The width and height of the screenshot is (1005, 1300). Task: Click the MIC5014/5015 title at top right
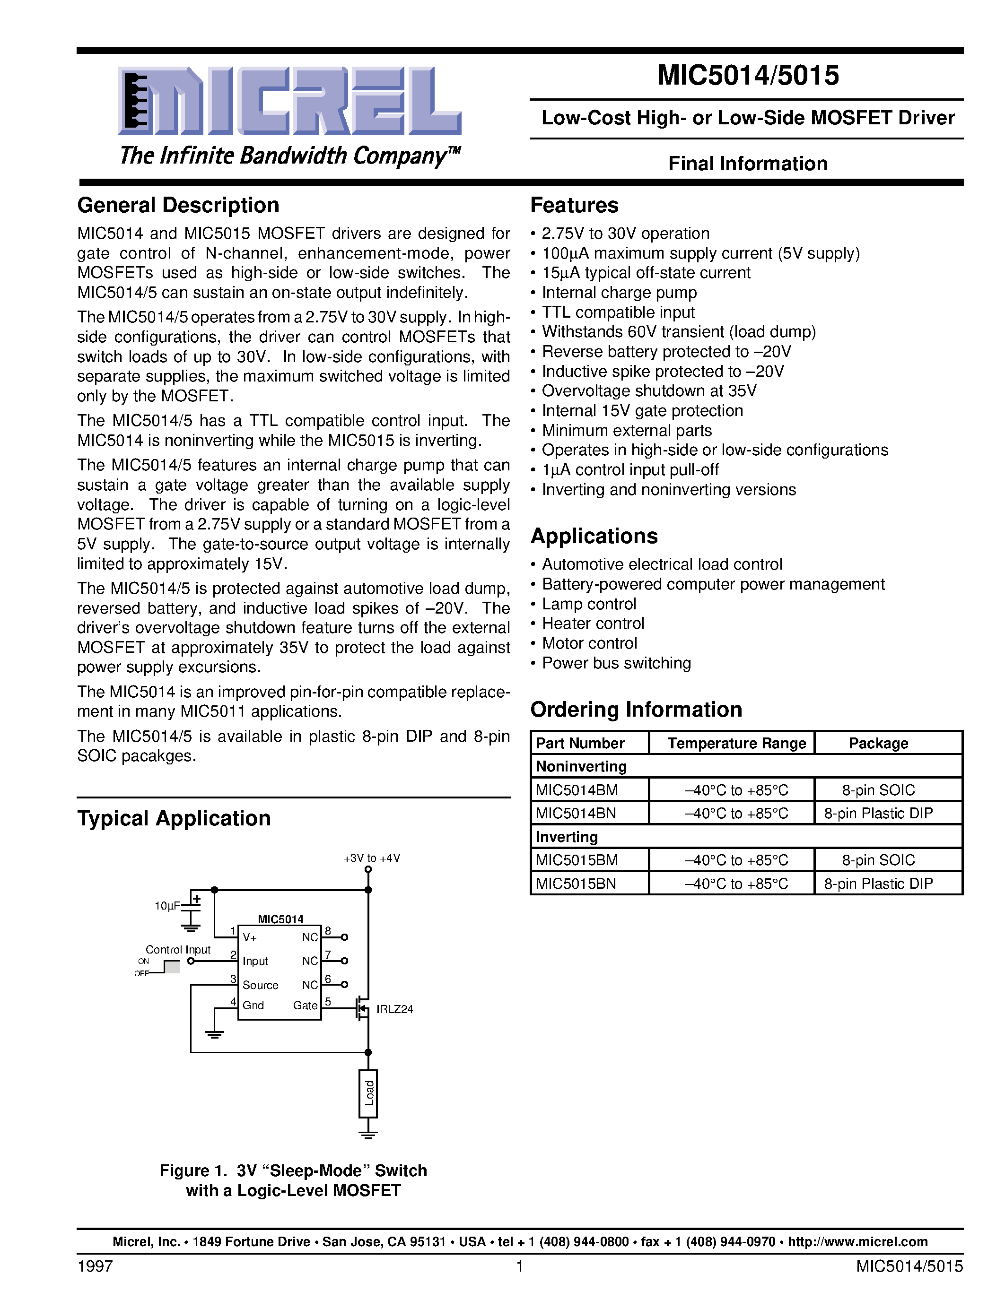point(748,76)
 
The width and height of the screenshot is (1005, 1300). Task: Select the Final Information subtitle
point(748,164)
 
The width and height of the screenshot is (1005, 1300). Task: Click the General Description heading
point(178,205)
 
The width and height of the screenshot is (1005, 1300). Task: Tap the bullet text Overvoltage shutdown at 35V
point(649,391)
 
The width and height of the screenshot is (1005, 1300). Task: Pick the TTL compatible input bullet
point(618,312)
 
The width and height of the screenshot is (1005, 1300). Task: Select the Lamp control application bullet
point(589,604)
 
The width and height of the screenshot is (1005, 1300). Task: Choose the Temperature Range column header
point(736,744)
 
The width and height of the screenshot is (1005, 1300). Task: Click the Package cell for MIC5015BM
point(878,860)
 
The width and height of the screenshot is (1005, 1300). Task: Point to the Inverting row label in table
point(567,837)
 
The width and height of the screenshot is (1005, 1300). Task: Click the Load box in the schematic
point(368,1093)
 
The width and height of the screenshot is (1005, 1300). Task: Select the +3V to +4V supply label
point(372,858)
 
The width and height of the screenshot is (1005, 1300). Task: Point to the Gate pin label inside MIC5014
point(305,1005)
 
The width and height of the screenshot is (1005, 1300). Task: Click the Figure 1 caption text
point(293,1180)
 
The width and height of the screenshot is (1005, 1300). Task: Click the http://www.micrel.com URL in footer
point(857,1242)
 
